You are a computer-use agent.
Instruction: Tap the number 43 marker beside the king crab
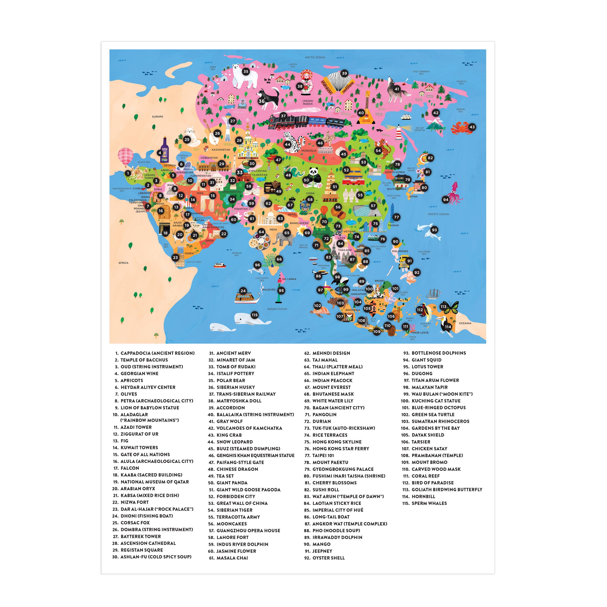(x=472, y=127)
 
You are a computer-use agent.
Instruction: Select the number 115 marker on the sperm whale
(x=255, y=315)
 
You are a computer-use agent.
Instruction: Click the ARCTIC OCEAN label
(x=315, y=57)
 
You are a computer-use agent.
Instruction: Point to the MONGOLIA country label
(x=309, y=151)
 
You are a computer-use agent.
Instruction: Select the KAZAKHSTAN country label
(x=221, y=150)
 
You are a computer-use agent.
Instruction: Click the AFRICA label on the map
(x=123, y=263)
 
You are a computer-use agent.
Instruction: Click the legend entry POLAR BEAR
(x=231, y=380)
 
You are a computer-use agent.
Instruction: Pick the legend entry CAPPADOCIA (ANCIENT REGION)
(x=157, y=353)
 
